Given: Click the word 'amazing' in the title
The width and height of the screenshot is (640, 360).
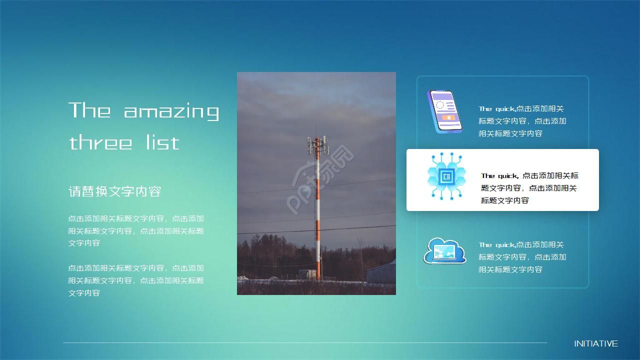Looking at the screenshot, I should [171, 111].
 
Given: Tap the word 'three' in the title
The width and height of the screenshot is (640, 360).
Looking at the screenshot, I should [100, 142].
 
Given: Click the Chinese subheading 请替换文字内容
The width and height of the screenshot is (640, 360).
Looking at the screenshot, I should [114, 191].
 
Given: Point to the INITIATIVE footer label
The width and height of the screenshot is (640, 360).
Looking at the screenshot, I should [595, 343].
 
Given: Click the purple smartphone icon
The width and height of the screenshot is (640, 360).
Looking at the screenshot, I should [444, 111].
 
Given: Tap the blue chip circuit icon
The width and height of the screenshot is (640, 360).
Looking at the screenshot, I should [446, 176].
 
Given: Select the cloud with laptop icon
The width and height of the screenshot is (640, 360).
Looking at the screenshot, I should [444, 251].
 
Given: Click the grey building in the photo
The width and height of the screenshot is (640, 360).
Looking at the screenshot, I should [381, 273].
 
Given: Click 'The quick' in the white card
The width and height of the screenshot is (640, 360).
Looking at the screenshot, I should [499, 175].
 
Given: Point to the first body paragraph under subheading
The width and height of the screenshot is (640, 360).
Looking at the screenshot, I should [136, 230].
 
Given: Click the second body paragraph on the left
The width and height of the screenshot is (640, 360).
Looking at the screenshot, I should [136, 280].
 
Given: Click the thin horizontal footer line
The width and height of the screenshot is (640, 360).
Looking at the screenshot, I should [305, 342].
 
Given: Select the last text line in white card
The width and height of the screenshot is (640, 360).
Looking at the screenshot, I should [504, 200].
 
